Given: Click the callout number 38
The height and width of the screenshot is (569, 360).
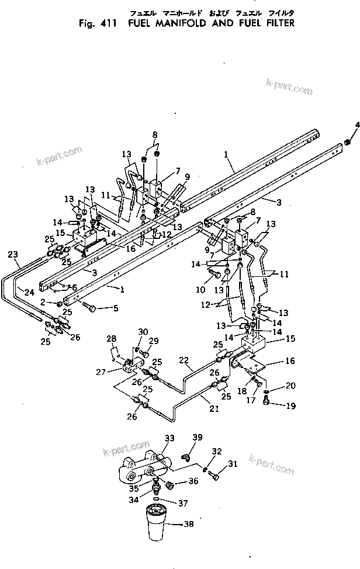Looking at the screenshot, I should pos(188,525).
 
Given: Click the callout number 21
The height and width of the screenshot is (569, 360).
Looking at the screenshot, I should pos(214,410).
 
